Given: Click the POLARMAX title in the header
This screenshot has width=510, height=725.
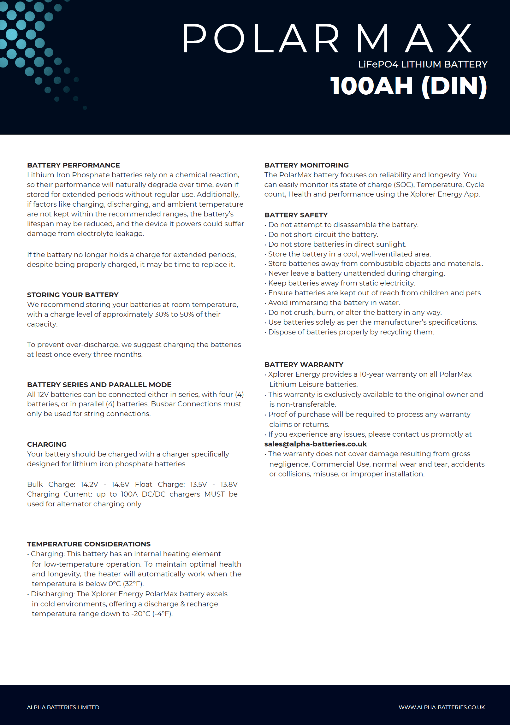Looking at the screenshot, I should [327, 38].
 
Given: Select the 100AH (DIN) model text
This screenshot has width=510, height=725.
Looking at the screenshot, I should [409, 86].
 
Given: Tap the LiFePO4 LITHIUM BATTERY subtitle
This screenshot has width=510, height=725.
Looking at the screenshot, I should [423, 64].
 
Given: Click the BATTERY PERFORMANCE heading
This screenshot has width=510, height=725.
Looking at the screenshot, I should [74, 165].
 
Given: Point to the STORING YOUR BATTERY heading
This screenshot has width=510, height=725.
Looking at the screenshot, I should [73, 295].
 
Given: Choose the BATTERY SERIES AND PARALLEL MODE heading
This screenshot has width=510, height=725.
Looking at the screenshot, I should [99, 385].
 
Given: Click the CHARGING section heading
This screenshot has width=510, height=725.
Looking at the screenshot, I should [47, 444].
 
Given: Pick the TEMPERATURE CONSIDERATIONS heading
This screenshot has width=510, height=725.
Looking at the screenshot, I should [89, 544].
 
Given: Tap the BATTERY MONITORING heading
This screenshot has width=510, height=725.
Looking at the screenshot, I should [306, 165].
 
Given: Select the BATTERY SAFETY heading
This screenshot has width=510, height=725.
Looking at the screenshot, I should [296, 215].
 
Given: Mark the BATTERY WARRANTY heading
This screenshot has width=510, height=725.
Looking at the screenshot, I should [304, 364].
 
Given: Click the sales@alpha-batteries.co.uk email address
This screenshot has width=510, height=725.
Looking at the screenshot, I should [316, 444].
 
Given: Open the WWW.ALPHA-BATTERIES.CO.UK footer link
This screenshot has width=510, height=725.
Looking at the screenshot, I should [442, 707].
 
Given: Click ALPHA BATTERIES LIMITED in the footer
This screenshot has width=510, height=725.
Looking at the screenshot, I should [63, 707].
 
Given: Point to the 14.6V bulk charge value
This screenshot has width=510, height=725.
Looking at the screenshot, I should [120, 484].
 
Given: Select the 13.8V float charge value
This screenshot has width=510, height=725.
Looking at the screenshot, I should [228, 484].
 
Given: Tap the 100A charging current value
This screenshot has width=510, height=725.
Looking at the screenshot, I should [129, 494].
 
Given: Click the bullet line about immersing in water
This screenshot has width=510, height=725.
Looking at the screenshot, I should [334, 303].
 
